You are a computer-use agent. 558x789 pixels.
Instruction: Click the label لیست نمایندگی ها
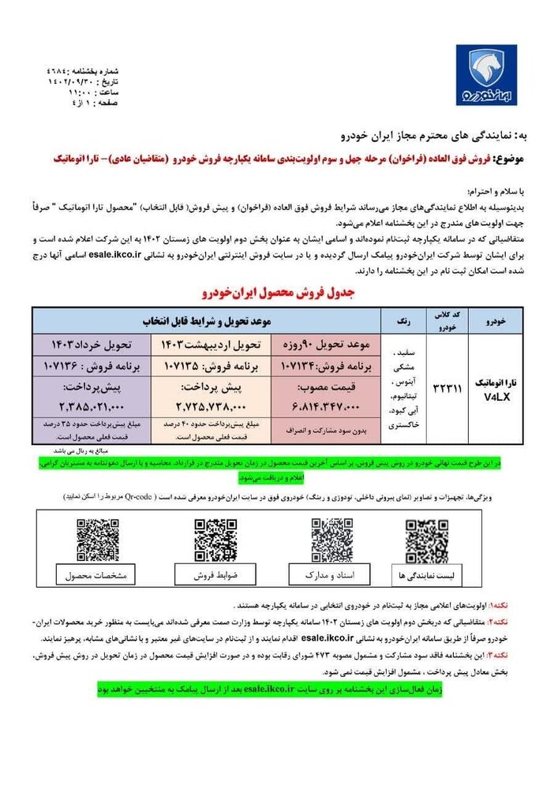click(x=427, y=578)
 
